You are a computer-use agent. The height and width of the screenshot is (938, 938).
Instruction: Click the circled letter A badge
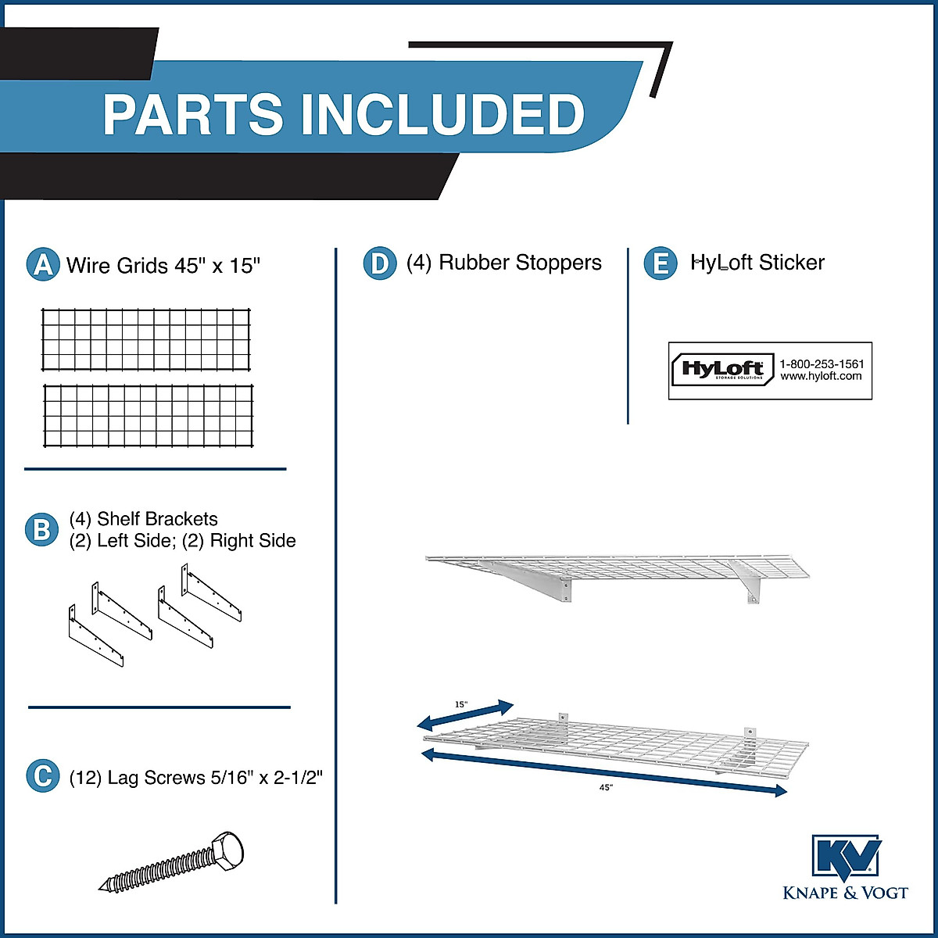click(43, 265)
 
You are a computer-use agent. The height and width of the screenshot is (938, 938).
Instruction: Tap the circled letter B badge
click(42, 530)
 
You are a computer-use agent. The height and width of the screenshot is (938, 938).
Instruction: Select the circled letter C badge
click(42, 776)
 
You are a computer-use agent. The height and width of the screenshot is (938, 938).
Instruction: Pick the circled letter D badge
click(380, 263)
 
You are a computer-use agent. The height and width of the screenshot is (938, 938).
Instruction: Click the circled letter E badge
click(661, 263)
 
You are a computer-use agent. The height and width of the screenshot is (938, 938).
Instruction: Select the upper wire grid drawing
click(146, 339)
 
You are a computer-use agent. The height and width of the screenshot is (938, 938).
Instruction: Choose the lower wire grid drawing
click(148, 416)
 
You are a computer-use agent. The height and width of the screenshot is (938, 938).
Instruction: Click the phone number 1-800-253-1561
click(822, 364)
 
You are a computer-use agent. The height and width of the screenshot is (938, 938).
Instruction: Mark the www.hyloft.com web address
click(821, 376)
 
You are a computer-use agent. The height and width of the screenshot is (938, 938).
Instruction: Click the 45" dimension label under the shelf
click(606, 788)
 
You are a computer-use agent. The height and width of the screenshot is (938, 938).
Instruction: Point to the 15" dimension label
click(461, 704)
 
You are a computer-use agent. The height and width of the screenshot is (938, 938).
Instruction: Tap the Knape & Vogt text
click(846, 893)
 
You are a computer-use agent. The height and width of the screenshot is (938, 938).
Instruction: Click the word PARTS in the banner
click(193, 114)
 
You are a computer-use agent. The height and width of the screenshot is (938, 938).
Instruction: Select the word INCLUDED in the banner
click(442, 114)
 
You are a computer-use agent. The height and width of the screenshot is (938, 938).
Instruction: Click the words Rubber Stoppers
click(520, 263)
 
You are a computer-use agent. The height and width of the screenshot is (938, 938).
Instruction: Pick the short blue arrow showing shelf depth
click(466, 713)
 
